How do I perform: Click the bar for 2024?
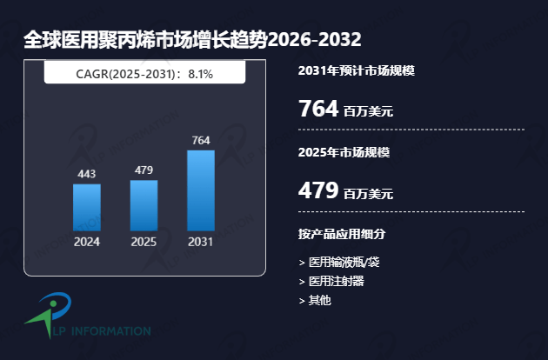[x=87, y=207]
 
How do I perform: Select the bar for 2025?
[x=144, y=205]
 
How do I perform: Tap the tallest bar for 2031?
[x=201, y=190]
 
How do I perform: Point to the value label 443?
[x=87, y=174]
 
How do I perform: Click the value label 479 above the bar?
[x=144, y=170]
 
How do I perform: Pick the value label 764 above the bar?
[x=201, y=140]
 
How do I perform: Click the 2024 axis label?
[x=87, y=242]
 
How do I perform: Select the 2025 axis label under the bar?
[x=144, y=242]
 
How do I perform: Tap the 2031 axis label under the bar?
[x=201, y=242]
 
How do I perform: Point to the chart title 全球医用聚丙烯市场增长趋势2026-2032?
[x=192, y=40]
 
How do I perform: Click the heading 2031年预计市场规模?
[x=356, y=70]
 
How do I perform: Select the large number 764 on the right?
[x=317, y=109]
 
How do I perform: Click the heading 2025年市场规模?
[x=344, y=152]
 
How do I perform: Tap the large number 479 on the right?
[x=317, y=190]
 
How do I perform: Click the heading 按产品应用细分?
[x=342, y=234]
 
